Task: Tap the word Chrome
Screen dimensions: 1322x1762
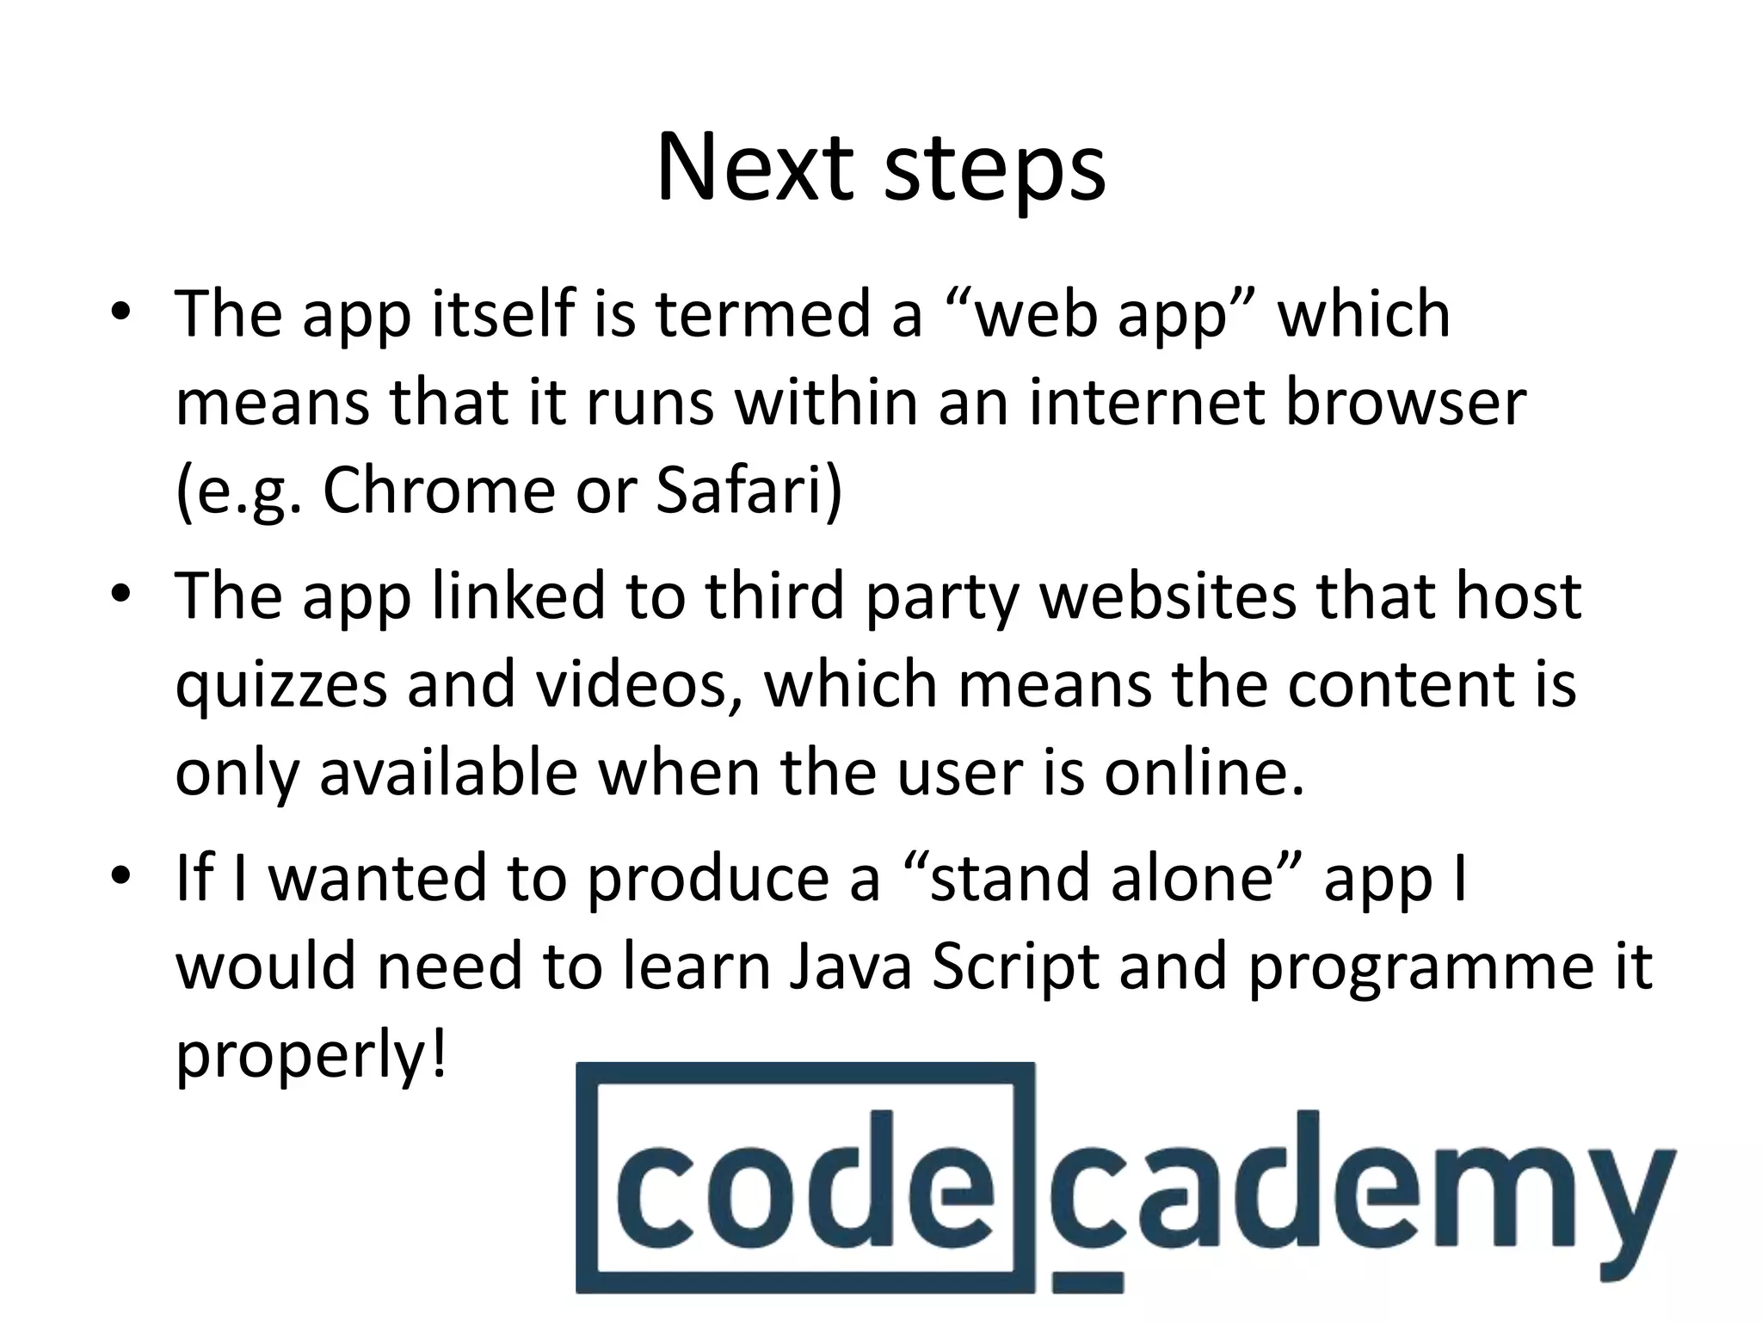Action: pyautogui.click(x=439, y=491)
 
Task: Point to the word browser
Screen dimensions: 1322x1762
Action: pyautogui.click(x=1405, y=402)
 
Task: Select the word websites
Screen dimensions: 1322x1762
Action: pyautogui.click(x=1167, y=596)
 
